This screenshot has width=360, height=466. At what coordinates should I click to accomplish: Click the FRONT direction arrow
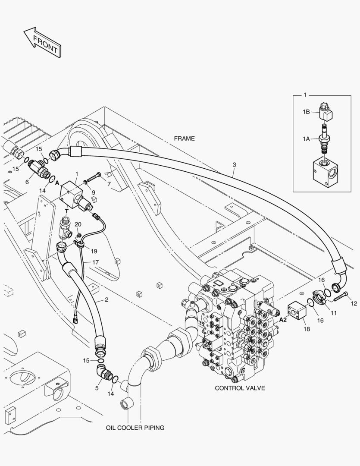click(x=42, y=42)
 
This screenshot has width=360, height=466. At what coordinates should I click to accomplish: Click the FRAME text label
click(x=184, y=139)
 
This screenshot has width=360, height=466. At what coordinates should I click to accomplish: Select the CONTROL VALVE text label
click(x=240, y=388)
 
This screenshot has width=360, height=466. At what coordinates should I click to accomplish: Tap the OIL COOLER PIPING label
click(x=135, y=428)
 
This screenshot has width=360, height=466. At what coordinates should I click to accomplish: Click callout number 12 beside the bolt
click(x=354, y=304)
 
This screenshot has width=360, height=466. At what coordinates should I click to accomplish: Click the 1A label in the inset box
click(x=306, y=139)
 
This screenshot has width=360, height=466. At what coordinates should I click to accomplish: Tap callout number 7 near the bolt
click(x=109, y=184)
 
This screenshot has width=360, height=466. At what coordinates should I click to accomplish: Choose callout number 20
click(x=78, y=224)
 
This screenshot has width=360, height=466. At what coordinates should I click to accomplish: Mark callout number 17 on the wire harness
click(x=95, y=262)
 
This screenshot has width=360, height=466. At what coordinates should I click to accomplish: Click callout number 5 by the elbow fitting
click(x=97, y=388)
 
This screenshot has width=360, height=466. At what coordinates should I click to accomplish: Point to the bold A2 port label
click(x=283, y=320)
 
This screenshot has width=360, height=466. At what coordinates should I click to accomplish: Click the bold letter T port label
click(x=67, y=211)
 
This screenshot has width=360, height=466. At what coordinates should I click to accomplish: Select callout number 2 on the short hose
click(x=106, y=300)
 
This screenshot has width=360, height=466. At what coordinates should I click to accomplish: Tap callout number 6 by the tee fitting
click(x=27, y=182)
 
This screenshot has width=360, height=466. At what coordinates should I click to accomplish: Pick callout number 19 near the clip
click(x=94, y=251)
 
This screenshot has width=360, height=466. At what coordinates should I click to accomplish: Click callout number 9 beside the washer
click(x=94, y=192)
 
